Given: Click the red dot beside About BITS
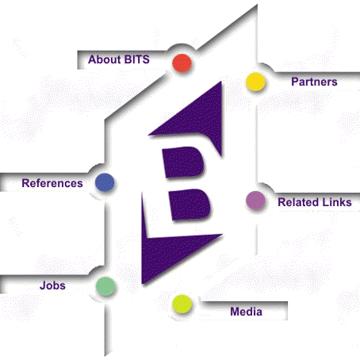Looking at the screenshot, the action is [182, 63].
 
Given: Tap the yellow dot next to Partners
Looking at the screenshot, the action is [255, 82].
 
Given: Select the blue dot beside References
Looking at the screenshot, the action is [105, 182].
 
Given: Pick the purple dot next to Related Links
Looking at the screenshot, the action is [255, 201].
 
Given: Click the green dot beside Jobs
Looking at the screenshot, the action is [105, 286].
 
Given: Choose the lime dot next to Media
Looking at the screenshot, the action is [182, 304].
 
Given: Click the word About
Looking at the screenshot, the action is [104, 59].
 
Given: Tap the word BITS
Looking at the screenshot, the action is [136, 59].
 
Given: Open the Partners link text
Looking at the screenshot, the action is [314, 82].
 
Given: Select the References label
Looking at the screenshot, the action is [52, 183].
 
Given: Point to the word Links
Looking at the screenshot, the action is [335, 202].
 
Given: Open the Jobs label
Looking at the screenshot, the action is [52, 285].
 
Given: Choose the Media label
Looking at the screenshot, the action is [246, 312].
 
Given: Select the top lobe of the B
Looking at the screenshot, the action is [184, 162].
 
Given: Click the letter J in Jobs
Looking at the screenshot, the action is [43, 285].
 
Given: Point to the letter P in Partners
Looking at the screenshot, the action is [295, 82].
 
